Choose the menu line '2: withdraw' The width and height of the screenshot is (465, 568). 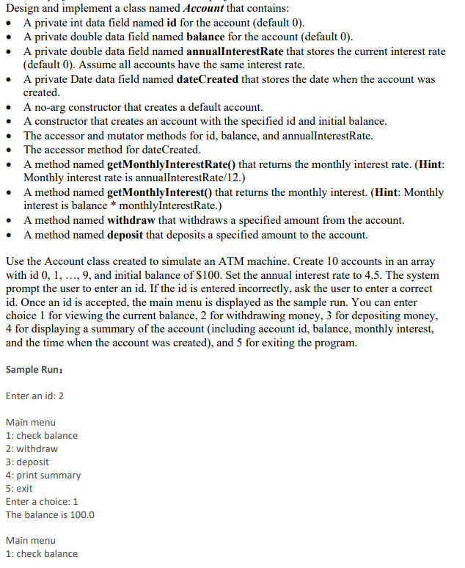tap(32, 448)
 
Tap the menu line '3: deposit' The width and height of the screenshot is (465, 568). tap(27, 462)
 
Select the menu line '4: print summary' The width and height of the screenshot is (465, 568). tap(43, 475)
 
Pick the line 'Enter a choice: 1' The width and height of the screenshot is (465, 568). tap(42, 501)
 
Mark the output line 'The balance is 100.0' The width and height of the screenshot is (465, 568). tap(50, 514)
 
